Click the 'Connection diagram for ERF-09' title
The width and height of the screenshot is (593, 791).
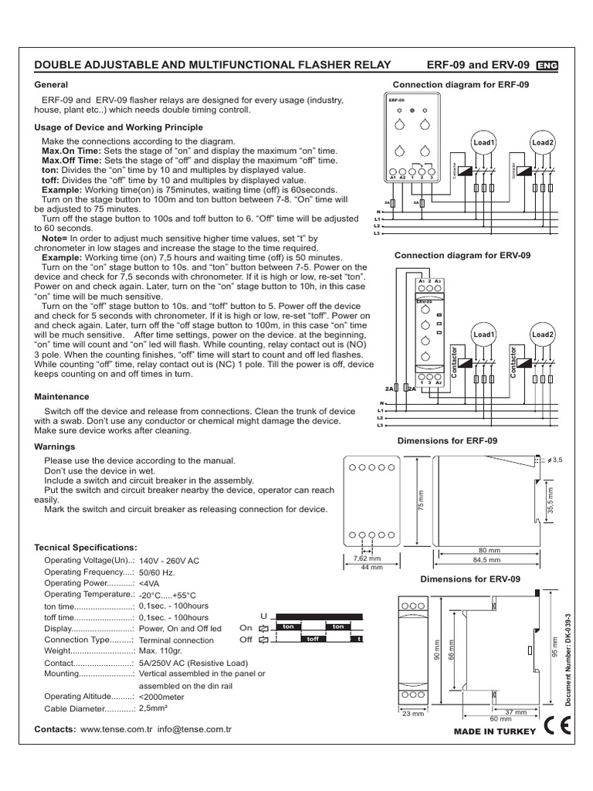(x=461, y=84)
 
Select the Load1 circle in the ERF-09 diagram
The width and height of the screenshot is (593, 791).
(x=485, y=143)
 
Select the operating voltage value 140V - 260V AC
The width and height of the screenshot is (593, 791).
(x=170, y=561)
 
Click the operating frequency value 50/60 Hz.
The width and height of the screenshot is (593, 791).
(x=157, y=572)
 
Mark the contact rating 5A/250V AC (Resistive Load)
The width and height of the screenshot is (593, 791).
(x=193, y=663)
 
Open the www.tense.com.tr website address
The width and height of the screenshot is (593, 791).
(x=116, y=729)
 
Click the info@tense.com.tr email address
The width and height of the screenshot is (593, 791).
(x=195, y=729)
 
